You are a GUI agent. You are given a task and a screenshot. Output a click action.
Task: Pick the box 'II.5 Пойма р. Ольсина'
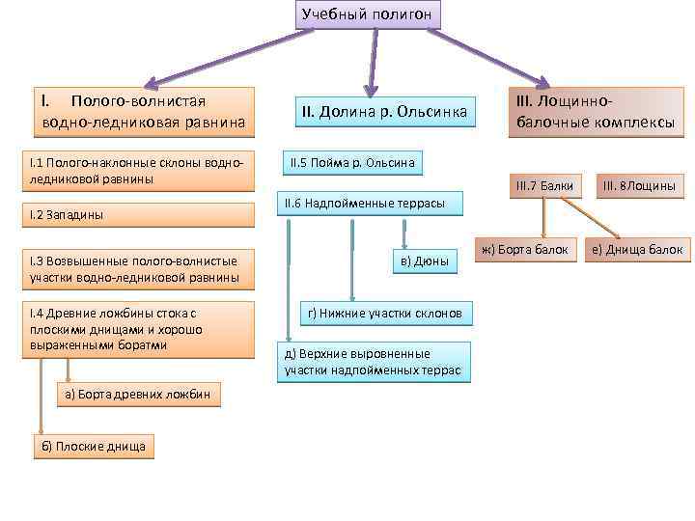click(x=351, y=163)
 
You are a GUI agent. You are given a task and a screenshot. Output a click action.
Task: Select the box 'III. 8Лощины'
click(x=639, y=185)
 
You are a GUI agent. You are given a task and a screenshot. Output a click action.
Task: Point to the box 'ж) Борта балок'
click(x=524, y=250)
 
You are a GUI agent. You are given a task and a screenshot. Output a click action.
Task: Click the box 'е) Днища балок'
click(x=638, y=250)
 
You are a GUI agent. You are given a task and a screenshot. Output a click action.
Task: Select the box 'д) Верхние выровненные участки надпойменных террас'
click(x=374, y=362)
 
